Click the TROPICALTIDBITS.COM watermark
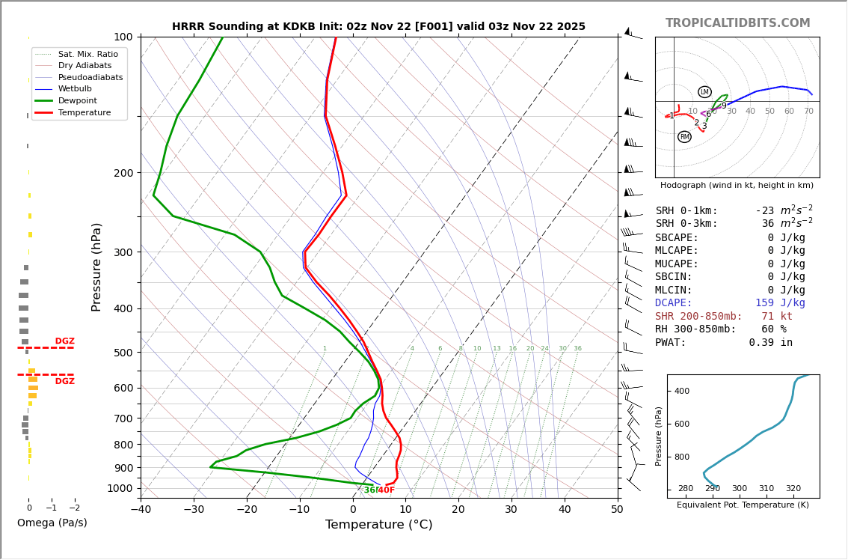pyautogui.click(x=737, y=23)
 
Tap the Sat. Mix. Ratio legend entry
pyautogui.click(x=87, y=54)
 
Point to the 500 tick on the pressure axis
pyautogui.click(x=123, y=353)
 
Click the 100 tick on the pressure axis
pyautogui.click(x=123, y=37)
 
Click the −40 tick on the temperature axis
pyautogui.click(x=141, y=510)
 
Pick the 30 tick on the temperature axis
pyautogui.click(x=511, y=510)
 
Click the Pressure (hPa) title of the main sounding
pyautogui.click(x=96, y=267)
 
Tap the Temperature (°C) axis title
pyautogui.click(x=378, y=525)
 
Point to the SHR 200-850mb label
pyautogui.click(x=698, y=316)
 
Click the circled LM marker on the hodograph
pyautogui.click(x=704, y=92)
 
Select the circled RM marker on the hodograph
pyautogui.click(x=684, y=137)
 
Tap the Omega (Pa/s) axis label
pyautogui.click(x=52, y=523)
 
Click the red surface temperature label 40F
pyautogui.click(x=386, y=490)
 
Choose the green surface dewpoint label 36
pyautogui.click(x=369, y=490)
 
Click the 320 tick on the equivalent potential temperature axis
pyautogui.click(x=793, y=489)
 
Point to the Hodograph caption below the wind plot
pyautogui.click(x=737, y=185)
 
